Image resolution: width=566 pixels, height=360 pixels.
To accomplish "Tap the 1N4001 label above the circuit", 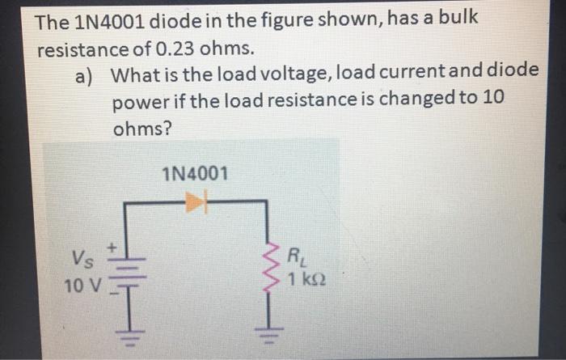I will (x=195, y=173).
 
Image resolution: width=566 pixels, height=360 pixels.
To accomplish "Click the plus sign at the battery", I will (x=115, y=242).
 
